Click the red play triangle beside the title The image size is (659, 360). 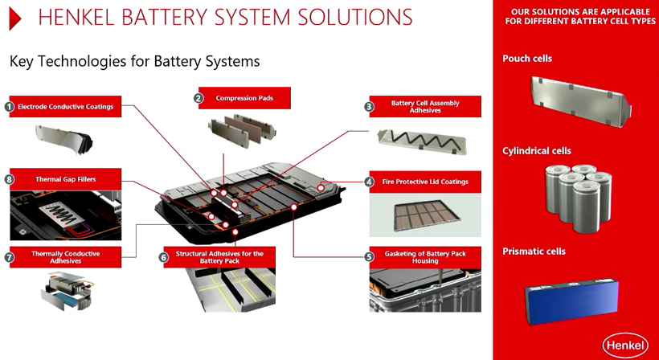tap(14, 18)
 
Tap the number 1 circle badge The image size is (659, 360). tap(10, 106)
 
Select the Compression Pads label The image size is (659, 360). tap(245, 98)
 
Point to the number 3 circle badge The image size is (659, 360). tap(369, 106)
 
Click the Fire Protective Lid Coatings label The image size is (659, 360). tap(426, 182)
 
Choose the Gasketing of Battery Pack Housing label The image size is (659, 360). tap(426, 257)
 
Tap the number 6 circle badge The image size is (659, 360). tap(163, 257)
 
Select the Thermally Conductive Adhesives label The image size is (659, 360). tap(68, 257)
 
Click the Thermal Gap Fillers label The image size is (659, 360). tap(66, 179)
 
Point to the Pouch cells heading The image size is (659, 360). tap(527, 59)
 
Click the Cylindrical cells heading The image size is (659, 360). tap(537, 151)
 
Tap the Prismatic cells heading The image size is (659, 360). tap(534, 252)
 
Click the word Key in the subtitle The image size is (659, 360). tap(21, 61)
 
